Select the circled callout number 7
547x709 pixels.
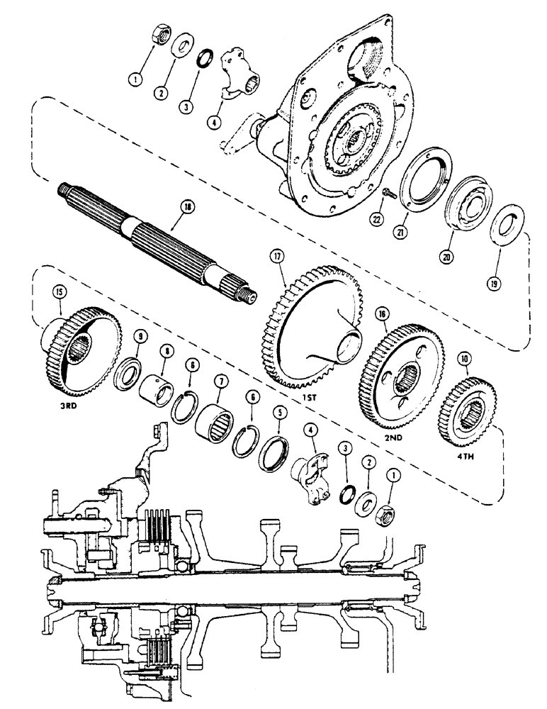[x=220, y=382]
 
